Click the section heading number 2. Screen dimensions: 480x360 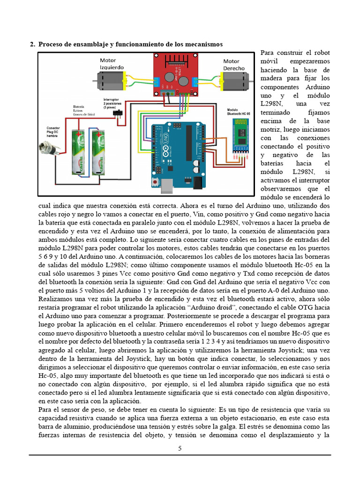click(x=32, y=44)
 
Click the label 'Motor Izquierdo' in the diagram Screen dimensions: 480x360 click(x=112, y=64)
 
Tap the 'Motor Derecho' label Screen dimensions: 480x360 click(x=233, y=65)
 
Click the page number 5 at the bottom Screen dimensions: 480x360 click(x=180, y=448)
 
